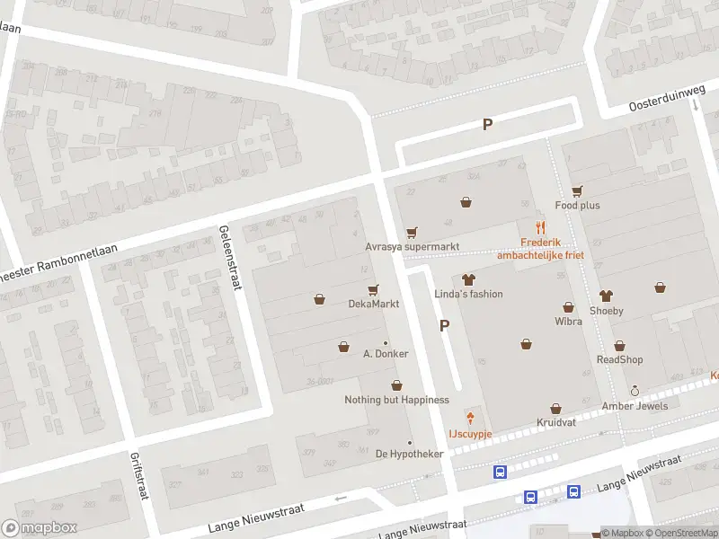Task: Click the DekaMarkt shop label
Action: (373, 304)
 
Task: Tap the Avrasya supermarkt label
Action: (412, 246)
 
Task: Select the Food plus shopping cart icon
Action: (577, 190)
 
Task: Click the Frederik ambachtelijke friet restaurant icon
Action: (540, 227)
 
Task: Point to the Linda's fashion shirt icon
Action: (466, 279)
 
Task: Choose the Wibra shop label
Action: (568, 321)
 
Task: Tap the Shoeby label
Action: (606, 311)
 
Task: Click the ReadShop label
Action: (620, 359)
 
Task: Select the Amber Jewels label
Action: (635, 406)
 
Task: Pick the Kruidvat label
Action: (555, 422)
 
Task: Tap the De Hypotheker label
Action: (409, 454)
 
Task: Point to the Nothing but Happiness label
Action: (396, 400)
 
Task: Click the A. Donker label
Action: (386, 354)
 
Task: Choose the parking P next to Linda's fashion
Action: (444, 326)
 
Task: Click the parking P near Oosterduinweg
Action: (487, 125)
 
